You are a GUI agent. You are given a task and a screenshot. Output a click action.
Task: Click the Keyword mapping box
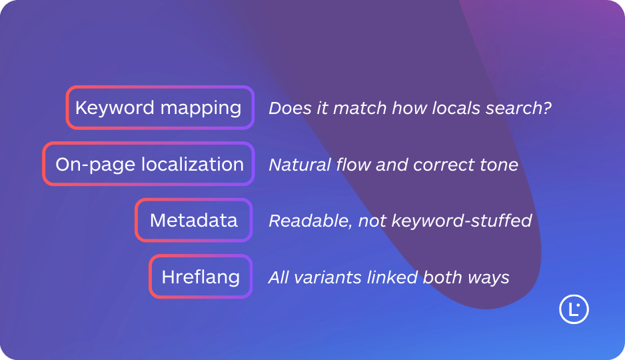coord(160,107)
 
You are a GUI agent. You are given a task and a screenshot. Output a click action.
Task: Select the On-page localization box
coord(149,164)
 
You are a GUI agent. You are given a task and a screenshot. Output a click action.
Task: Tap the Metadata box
coord(193,220)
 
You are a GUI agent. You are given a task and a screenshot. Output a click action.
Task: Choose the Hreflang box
coord(201,277)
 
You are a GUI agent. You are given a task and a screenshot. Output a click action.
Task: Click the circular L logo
coord(574,309)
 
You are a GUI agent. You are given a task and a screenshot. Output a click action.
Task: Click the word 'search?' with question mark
coord(525,107)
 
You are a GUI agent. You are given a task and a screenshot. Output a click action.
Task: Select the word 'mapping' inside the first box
coord(209,107)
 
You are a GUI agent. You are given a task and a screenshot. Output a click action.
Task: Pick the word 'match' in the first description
coord(350,107)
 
